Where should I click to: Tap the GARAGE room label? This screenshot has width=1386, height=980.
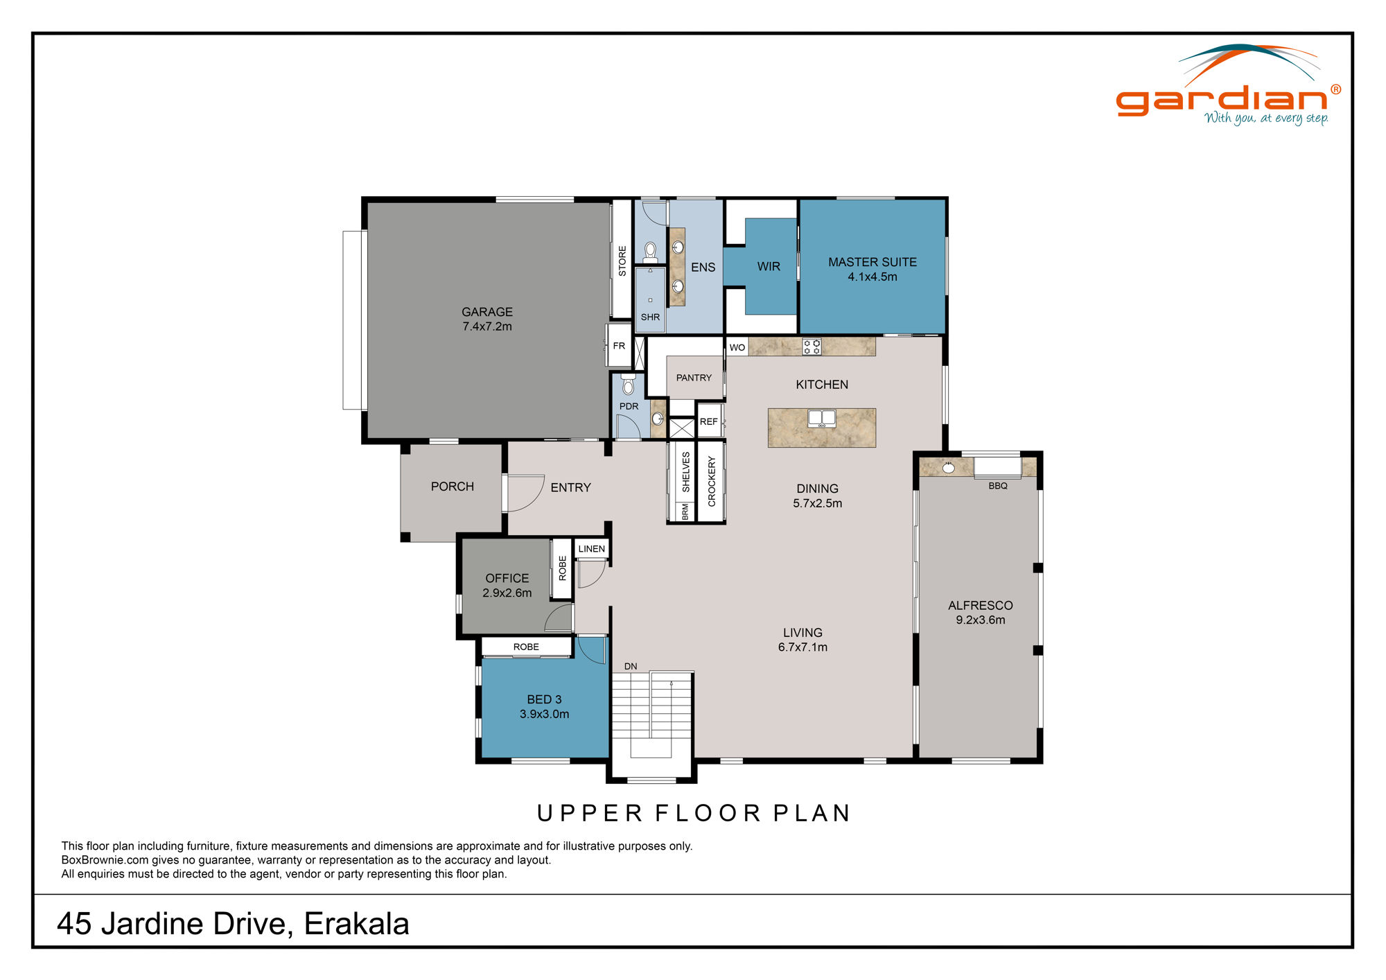[487, 312]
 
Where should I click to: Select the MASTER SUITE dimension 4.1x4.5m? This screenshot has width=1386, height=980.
[872, 277]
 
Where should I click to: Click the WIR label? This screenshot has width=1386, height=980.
[768, 267]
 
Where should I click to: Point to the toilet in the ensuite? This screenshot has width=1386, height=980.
[650, 251]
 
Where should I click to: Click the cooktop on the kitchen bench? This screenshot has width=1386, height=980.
[812, 347]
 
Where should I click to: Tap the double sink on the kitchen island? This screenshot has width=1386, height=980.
[821, 418]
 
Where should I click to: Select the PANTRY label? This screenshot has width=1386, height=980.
[694, 378]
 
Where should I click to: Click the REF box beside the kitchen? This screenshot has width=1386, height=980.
[708, 421]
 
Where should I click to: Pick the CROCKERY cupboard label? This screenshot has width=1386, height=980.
[711, 481]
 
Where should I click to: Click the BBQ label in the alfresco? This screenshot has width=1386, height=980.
[997, 486]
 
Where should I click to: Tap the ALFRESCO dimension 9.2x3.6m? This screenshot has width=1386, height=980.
[980, 620]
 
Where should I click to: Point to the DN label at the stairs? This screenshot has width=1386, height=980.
[630, 666]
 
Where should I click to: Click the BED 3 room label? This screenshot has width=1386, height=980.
[544, 699]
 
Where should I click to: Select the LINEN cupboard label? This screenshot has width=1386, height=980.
[591, 549]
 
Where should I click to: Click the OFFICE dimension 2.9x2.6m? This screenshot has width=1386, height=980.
[507, 593]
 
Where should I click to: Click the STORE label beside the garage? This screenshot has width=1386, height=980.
[622, 261]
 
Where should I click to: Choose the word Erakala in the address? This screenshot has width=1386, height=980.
[356, 923]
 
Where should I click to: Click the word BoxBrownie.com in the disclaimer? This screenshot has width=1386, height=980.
[105, 860]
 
